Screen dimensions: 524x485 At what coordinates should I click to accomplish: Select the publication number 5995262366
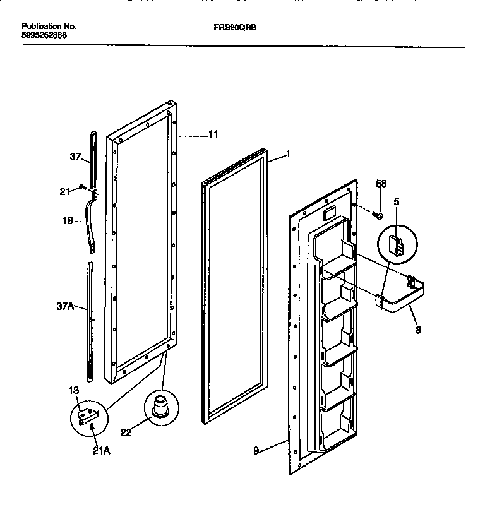[44, 35]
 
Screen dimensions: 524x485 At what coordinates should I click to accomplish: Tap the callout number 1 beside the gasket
[288, 153]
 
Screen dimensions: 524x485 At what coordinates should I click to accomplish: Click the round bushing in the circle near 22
[160, 405]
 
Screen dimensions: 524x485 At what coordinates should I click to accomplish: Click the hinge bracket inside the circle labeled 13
[88, 415]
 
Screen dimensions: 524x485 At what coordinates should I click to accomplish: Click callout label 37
[75, 157]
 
